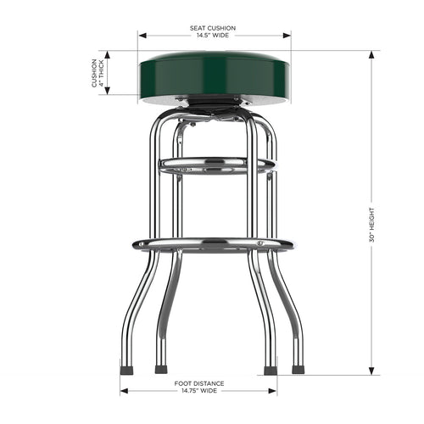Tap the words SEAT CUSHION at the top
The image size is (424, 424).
213,28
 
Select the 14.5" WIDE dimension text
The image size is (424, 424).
213,36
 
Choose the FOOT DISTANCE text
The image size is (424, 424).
198,384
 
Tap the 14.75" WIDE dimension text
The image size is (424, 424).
198,392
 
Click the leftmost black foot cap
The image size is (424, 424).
126,370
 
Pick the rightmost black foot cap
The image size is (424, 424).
298,370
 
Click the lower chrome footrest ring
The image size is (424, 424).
213,245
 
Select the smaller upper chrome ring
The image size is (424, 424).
216,164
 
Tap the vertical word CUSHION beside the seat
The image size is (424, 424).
95,74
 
